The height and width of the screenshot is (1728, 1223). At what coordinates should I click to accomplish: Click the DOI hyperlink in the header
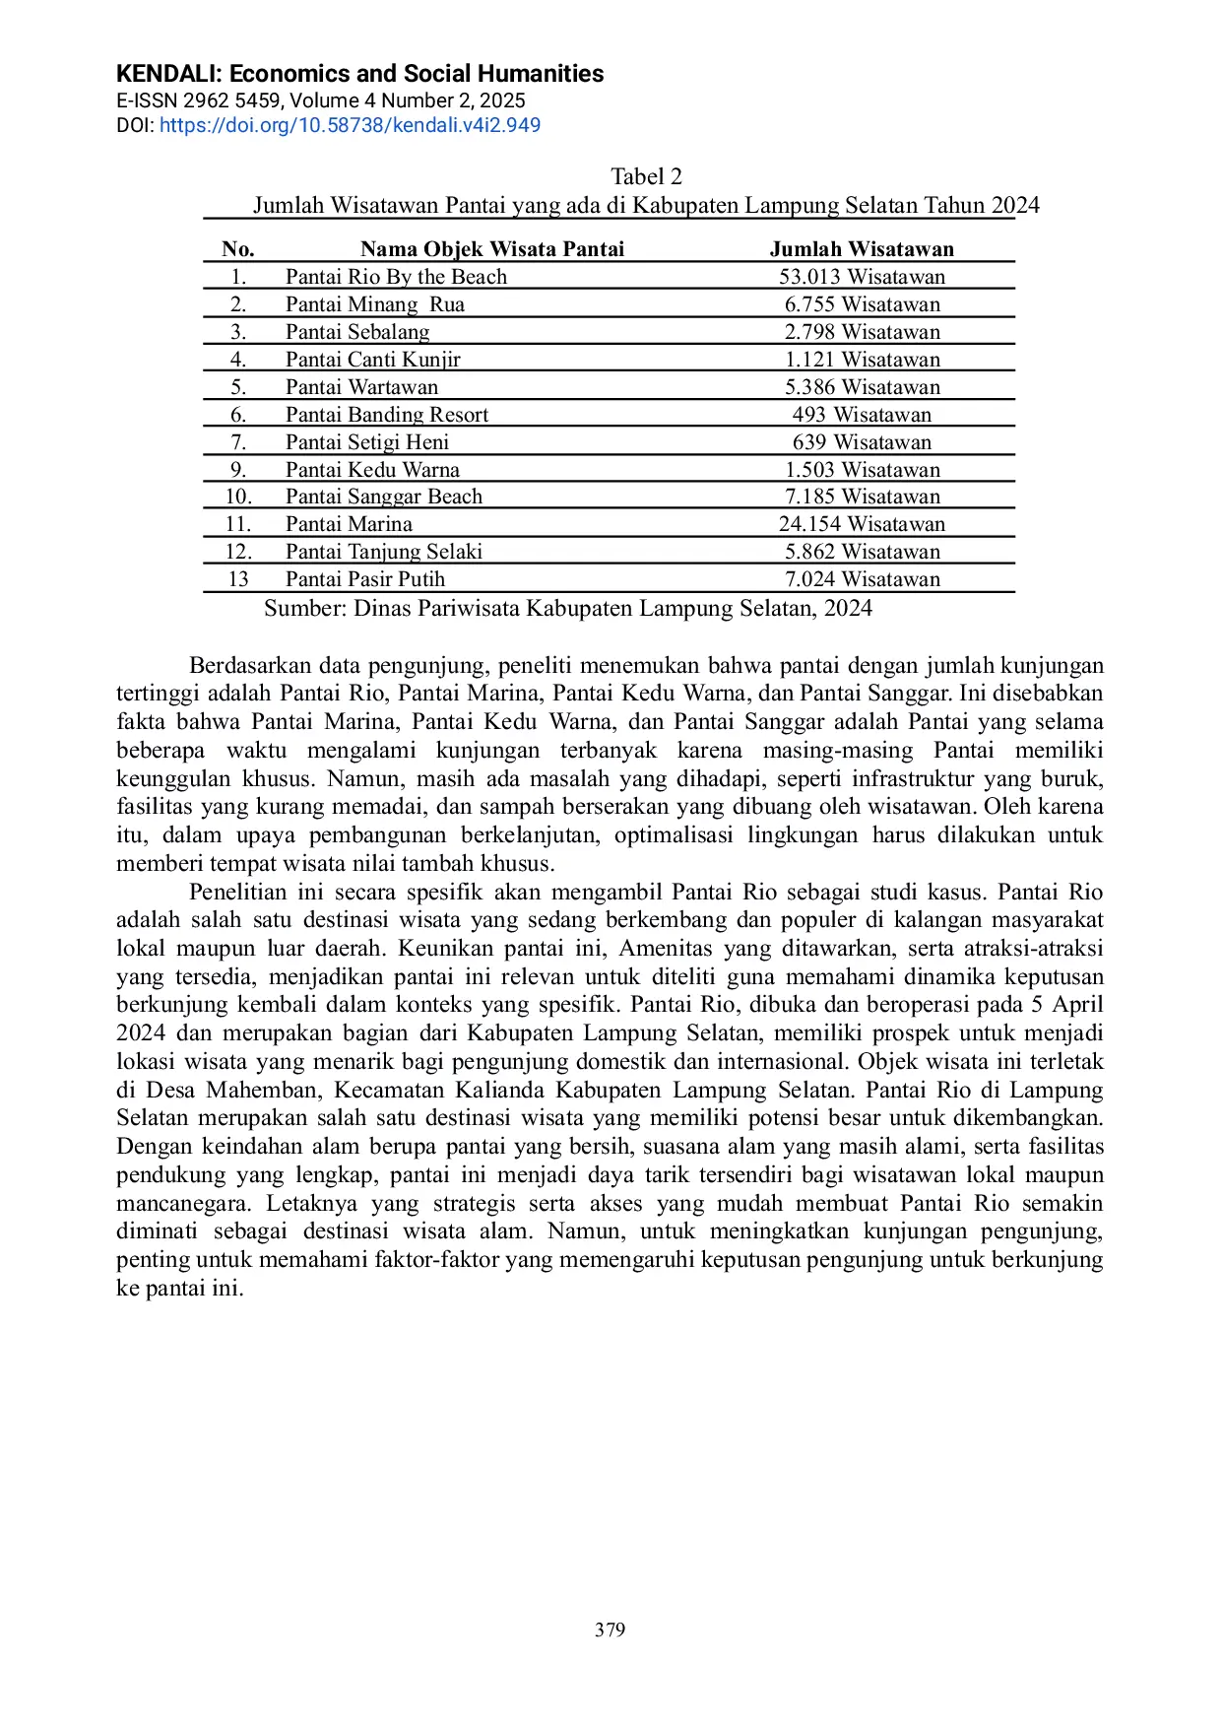350,125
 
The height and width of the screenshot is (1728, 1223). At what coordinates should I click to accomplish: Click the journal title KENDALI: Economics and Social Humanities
359,74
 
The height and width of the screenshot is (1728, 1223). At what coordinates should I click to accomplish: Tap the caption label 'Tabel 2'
646,176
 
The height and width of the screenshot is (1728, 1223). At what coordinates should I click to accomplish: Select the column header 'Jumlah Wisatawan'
862,249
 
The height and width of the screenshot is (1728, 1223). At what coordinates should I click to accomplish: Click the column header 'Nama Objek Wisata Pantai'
492,249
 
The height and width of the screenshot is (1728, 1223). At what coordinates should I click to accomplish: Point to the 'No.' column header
238,249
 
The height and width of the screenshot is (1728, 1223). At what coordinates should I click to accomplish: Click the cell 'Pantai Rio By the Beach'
396,277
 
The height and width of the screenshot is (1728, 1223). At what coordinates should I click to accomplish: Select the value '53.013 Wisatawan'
862,277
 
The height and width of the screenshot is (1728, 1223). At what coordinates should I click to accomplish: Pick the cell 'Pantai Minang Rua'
374,304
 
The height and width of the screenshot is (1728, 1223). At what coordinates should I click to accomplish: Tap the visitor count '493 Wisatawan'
862,415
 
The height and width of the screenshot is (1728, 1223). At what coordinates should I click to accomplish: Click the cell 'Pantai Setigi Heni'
367,442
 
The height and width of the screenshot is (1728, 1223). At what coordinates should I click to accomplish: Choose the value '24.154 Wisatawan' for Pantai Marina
862,524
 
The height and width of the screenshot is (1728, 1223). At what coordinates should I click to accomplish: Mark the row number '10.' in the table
238,497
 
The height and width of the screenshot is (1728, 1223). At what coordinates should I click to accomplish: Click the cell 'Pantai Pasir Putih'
365,579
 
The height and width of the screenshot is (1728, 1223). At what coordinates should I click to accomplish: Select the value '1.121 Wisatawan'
862,360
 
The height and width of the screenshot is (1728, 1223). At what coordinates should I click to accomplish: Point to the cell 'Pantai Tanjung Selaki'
384,552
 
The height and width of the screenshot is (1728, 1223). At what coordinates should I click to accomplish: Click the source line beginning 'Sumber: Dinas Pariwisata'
567,608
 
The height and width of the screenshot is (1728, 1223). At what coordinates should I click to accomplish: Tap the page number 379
610,1629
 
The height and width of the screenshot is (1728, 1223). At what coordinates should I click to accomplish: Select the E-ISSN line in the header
320,100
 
